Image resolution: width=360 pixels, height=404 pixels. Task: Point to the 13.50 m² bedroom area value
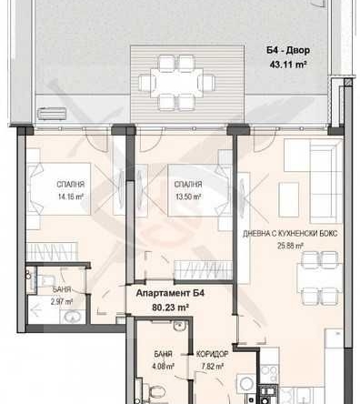186,194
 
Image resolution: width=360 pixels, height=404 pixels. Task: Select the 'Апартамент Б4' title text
170,294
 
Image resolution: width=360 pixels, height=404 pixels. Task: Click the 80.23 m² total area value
170,308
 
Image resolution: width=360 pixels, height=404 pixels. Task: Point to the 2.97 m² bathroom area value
60,299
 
